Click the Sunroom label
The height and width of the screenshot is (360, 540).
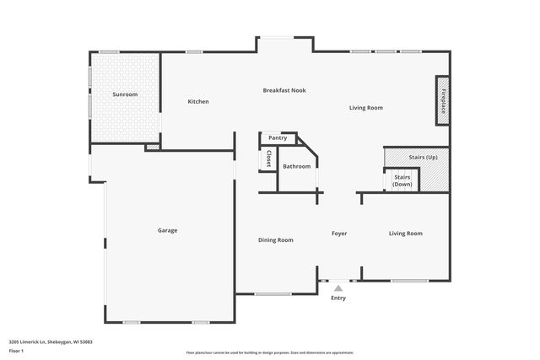(x=126, y=94)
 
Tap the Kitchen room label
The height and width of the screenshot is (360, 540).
(x=198, y=102)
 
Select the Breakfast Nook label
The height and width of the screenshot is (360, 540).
(x=284, y=90)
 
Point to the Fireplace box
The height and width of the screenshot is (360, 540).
(x=442, y=100)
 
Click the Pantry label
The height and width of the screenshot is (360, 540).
(x=278, y=137)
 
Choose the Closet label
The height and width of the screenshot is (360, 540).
(x=268, y=159)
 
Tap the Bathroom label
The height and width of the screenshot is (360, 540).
(x=296, y=166)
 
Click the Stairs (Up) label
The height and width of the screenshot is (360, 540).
(x=423, y=158)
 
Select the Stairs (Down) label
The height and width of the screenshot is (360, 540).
(x=402, y=180)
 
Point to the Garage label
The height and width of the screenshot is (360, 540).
(x=167, y=230)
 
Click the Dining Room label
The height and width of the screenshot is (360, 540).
(x=276, y=240)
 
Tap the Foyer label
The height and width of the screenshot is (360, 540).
(x=339, y=234)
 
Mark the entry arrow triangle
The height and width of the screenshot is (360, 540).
(x=338, y=288)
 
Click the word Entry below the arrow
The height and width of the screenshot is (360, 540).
(x=338, y=298)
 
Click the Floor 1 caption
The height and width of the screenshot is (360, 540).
(x=16, y=350)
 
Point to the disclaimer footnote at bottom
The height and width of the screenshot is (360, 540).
(x=269, y=352)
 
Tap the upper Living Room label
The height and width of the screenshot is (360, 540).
(x=367, y=108)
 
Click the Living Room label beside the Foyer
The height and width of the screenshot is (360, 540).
(x=406, y=234)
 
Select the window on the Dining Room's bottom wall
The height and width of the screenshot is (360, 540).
(x=273, y=294)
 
